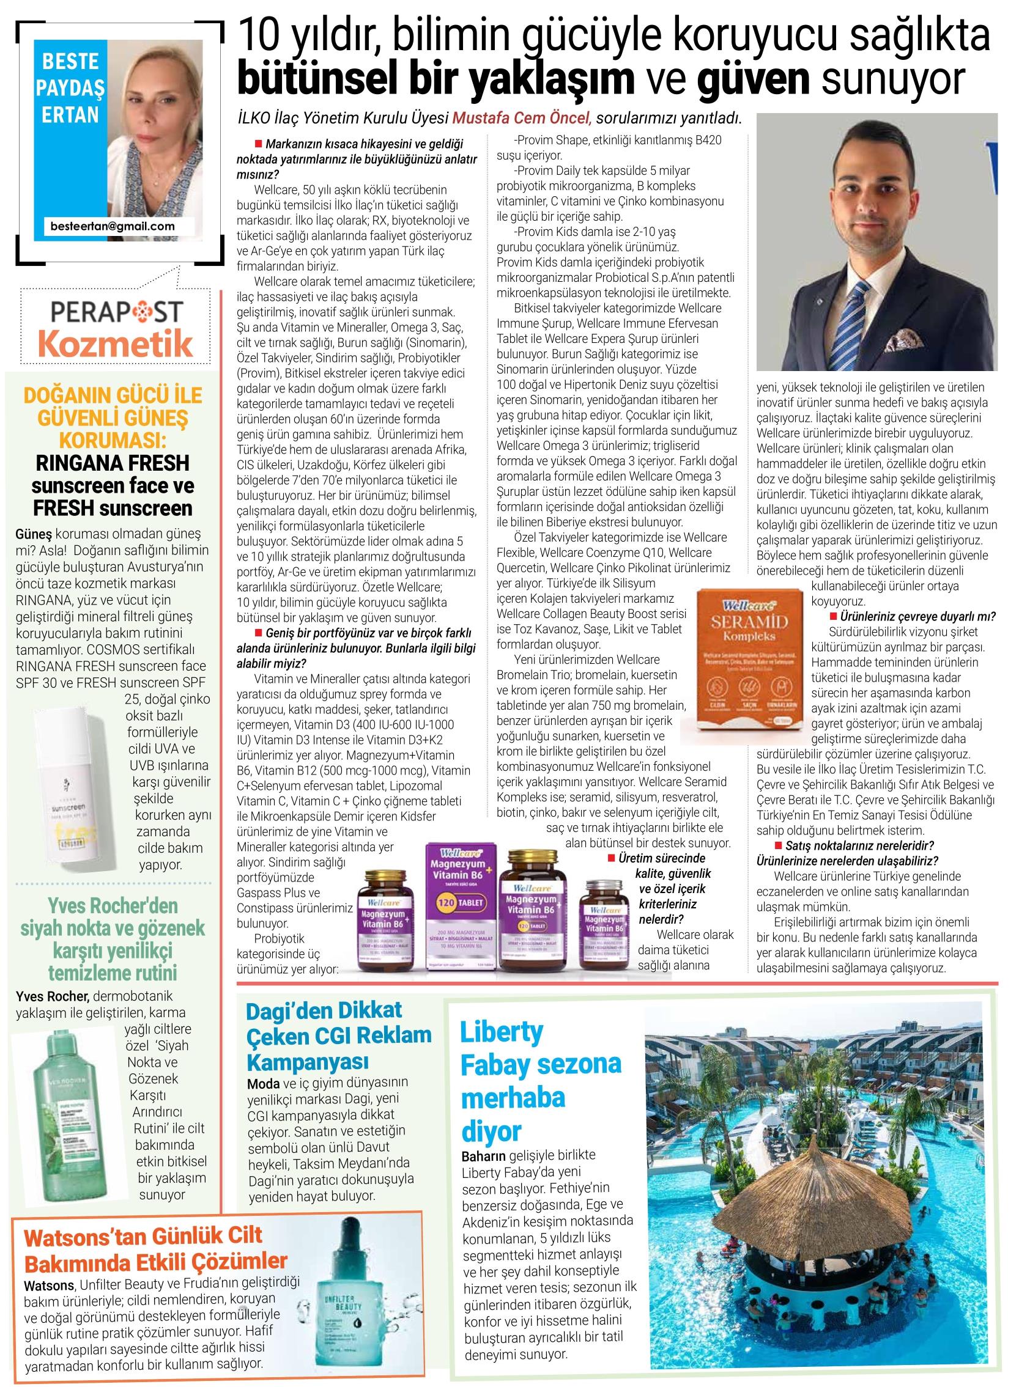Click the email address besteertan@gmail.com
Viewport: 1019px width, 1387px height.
point(113,226)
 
